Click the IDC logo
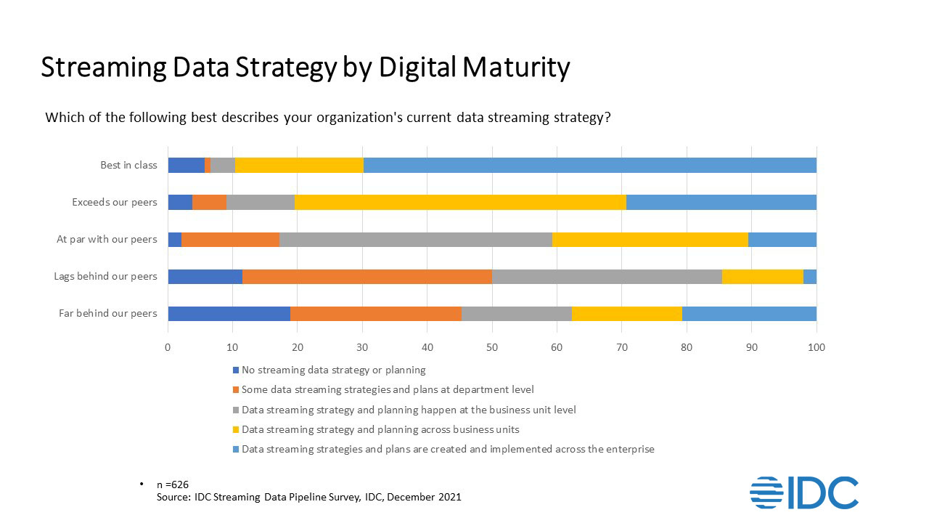[x=803, y=492]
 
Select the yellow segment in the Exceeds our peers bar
[x=460, y=202]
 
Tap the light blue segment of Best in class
[x=589, y=165]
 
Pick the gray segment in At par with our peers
[x=415, y=239]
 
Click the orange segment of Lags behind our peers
[x=367, y=276]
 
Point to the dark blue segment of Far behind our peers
[x=229, y=313]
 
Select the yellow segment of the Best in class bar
[x=299, y=165]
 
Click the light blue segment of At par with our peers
[x=782, y=239]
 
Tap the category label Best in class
[x=128, y=166]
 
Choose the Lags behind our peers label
[x=105, y=277]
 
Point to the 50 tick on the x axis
[x=492, y=347]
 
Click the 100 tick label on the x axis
[x=817, y=347]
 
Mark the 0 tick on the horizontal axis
[x=168, y=347]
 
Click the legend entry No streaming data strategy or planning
[x=333, y=370]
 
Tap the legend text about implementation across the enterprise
[x=448, y=449]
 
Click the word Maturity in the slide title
[x=514, y=67]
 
